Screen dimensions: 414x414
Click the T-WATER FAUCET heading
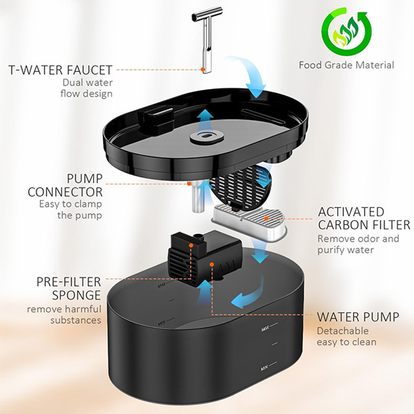(x=61, y=70)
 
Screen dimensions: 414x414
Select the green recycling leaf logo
(x=346, y=32)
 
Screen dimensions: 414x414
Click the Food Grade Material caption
(x=346, y=65)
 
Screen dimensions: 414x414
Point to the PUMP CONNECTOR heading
(x=66, y=186)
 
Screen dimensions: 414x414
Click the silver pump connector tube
(x=198, y=197)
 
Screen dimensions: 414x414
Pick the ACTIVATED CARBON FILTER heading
(x=364, y=218)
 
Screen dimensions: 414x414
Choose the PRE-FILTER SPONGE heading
(x=68, y=288)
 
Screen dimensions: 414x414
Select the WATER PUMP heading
(x=357, y=317)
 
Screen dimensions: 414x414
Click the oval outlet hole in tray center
(x=206, y=136)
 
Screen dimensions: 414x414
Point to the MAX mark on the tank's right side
(x=265, y=329)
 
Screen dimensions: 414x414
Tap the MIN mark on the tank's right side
(x=264, y=368)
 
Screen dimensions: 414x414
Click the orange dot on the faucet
(x=203, y=70)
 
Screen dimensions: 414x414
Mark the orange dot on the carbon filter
(x=266, y=219)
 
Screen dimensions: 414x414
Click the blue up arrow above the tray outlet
(x=206, y=120)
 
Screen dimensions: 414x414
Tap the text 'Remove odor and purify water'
(x=358, y=244)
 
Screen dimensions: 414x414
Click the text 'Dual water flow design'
(x=87, y=88)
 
